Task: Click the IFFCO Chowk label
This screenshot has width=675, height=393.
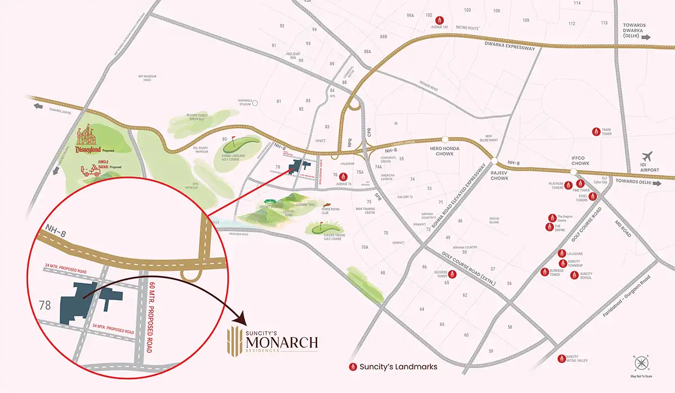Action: [x=580, y=163]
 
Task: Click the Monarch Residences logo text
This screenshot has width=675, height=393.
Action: [x=281, y=341]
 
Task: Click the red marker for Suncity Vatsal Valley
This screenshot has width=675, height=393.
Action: [x=560, y=359]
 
